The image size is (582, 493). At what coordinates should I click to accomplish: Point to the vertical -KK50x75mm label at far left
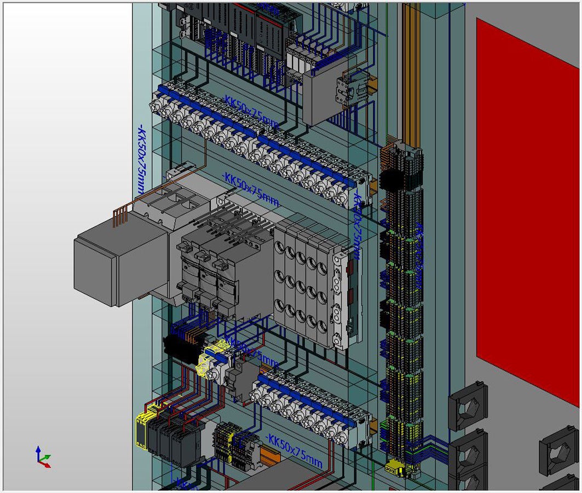142,161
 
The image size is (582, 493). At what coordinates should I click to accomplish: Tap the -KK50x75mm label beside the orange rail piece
294,451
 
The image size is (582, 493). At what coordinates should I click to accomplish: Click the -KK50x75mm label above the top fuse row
251,112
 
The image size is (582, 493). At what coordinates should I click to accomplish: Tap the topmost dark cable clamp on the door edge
467,405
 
